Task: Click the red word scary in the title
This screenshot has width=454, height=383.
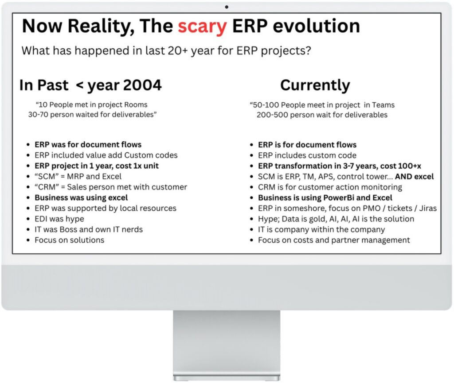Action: pos(202,27)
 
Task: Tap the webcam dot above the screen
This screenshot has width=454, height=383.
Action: pos(227,7)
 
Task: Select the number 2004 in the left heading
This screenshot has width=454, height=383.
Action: pos(142,85)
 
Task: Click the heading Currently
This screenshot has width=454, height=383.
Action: pos(315,85)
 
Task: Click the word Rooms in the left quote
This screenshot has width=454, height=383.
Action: pos(136,104)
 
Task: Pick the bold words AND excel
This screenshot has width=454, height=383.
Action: pos(415,177)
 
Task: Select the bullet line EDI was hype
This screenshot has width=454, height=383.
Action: pos(59,219)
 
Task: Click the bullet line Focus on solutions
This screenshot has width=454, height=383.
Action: pos(70,240)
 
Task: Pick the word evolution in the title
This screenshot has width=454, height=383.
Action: pos(317,26)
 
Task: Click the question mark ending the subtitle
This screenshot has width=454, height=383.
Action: pos(308,50)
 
